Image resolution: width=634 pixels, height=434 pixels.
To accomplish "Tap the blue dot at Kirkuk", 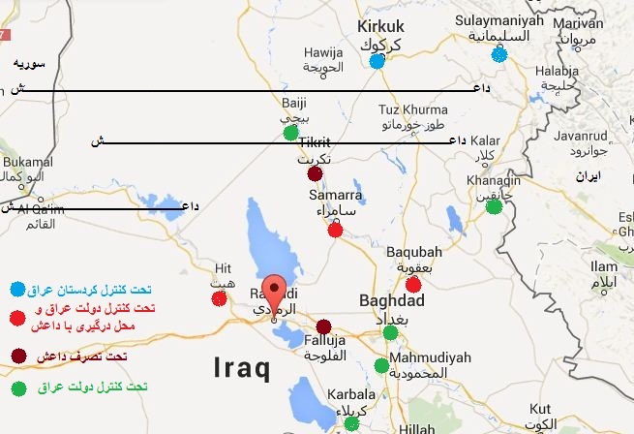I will point(377,61).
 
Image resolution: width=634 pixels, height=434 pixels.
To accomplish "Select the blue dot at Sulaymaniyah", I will point(498,54).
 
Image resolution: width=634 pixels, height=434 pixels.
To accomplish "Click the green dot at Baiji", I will point(290,132).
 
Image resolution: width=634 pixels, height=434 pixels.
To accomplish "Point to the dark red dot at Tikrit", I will point(315,174).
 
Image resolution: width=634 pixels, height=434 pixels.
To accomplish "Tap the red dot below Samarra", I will point(335,230).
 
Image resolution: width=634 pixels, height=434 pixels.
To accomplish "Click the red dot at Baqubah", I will point(413,284).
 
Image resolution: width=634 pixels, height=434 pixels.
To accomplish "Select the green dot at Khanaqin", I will point(494,205).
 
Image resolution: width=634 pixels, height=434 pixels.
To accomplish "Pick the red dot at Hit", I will point(219,298).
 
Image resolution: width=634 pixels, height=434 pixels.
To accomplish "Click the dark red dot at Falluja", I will point(323,326).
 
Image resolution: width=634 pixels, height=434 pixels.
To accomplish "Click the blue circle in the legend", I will point(17,290).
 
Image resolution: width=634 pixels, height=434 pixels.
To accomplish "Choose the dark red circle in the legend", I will point(17,356).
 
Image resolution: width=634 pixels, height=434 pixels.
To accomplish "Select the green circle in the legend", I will point(17,387).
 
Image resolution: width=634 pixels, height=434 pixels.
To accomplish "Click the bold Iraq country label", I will point(241,367).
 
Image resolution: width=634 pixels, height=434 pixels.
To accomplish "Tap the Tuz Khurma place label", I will point(413,109).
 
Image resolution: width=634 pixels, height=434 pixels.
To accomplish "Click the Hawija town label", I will point(323,52).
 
